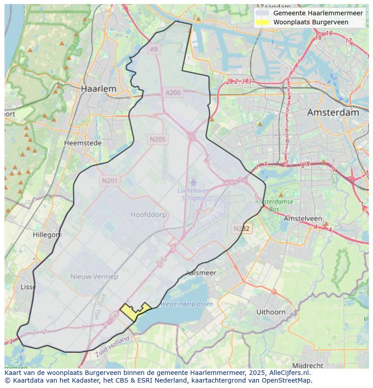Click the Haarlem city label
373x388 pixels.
pyautogui.click(x=98, y=89)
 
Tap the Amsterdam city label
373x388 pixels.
pyautogui.click(x=333, y=113)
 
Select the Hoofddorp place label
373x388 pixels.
pyautogui.click(x=148, y=215)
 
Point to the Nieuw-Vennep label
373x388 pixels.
pyautogui.click(x=94, y=276)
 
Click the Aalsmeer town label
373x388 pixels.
pyautogui.click(x=201, y=273)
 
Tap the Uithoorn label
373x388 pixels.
pyautogui.click(x=271, y=312)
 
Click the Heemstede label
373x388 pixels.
pyautogui.click(x=83, y=143)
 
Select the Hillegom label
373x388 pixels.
pyautogui.click(x=47, y=235)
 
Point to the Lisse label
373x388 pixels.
pyautogui.click(x=28, y=287)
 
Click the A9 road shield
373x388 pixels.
pyautogui.click(x=154, y=49)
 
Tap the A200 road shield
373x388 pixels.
pyautogui.click(x=173, y=93)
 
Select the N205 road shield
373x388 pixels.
pyautogui.click(x=158, y=139)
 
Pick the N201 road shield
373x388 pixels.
pyautogui.click(x=109, y=181)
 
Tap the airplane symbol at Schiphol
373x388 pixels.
pyautogui.click(x=193, y=182)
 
